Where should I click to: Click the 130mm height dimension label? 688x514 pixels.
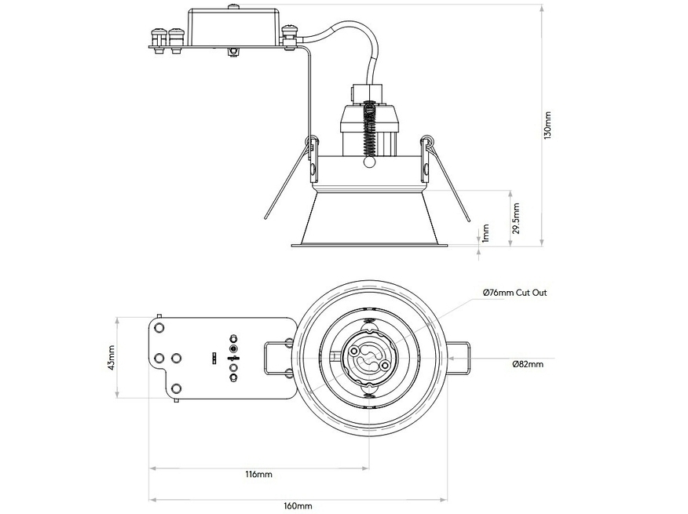point(548,125)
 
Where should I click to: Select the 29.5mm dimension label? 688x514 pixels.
point(516,220)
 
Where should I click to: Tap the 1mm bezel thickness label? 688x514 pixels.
point(486,232)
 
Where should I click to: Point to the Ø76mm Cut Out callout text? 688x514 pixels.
point(514,293)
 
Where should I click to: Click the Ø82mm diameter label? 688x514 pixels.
point(528,364)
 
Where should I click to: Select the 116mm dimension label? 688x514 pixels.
point(258,475)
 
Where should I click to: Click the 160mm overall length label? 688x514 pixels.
point(298,506)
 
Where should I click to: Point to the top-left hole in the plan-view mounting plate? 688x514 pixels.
point(159,325)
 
